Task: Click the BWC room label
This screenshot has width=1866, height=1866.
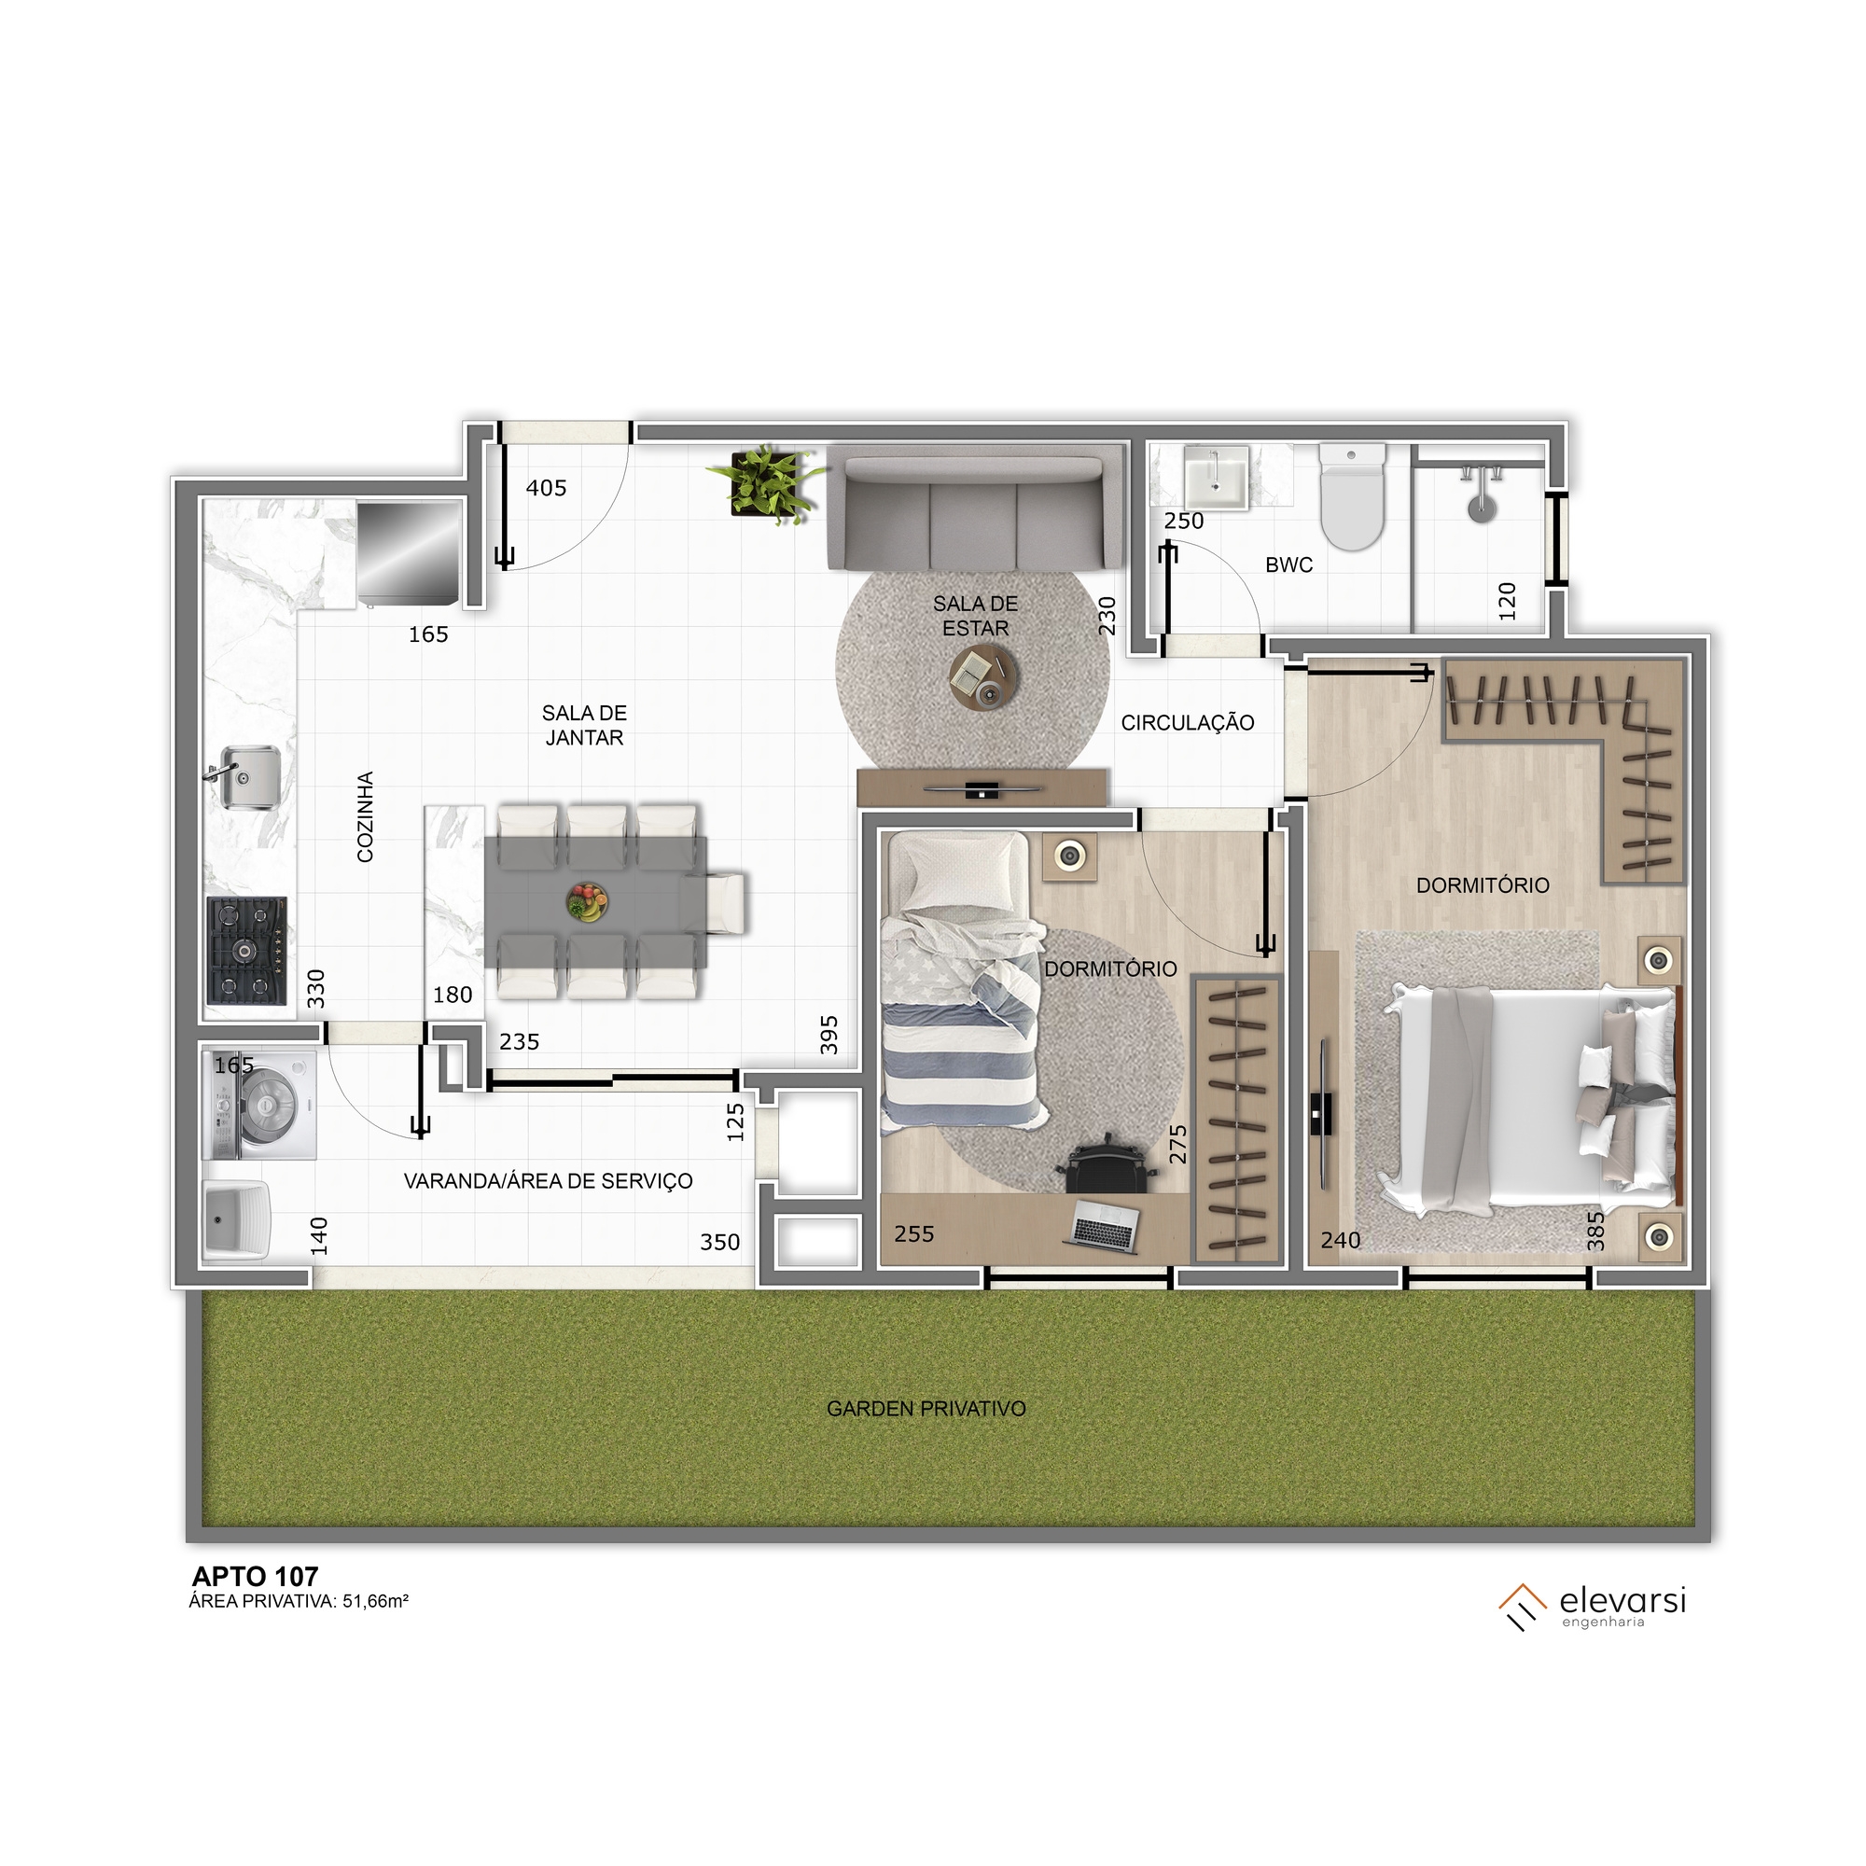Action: pos(1288,565)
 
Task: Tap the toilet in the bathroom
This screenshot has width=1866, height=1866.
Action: pos(1351,495)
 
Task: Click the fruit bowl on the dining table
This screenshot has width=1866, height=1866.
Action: pos(587,902)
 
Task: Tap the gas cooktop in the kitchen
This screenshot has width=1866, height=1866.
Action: pos(246,952)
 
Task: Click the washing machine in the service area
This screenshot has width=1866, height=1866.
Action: pos(259,1105)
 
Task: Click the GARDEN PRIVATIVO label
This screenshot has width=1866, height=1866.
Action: pos(926,1408)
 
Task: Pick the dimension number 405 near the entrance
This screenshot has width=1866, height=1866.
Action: pos(546,489)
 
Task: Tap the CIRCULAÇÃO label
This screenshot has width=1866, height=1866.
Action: pos(1187,722)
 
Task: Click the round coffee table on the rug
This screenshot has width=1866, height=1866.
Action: pos(983,677)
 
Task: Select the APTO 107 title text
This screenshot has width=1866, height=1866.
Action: pos(255,1576)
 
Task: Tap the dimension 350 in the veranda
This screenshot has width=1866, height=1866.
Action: pos(719,1242)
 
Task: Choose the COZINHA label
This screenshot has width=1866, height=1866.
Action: pos(365,816)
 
